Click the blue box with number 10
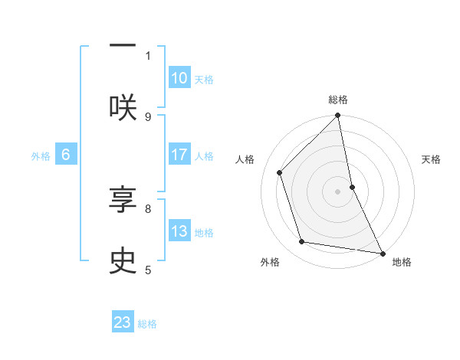pyautogui.click(x=179, y=78)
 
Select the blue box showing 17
pyautogui.click(x=179, y=155)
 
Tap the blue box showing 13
pyautogui.click(x=179, y=231)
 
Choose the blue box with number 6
pyautogui.click(x=66, y=155)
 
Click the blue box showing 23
pyautogui.click(x=123, y=322)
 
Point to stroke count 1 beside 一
pyautogui.click(x=148, y=55)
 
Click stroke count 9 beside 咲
pyautogui.click(x=148, y=116)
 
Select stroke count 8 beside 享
pyautogui.click(x=148, y=208)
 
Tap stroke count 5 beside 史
pyautogui.click(x=148, y=270)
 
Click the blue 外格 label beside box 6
pyautogui.click(x=41, y=156)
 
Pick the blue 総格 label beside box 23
pyautogui.click(x=147, y=324)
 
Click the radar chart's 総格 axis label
pyautogui.click(x=338, y=100)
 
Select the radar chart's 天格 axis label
pyautogui.click(x=432, y=159)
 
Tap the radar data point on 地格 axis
pyautogui.click(x=382, y=253)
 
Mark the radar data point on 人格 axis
pyautogui.click(x=280, y=172)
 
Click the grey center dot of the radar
pyautogui.click(x=338, y=191)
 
